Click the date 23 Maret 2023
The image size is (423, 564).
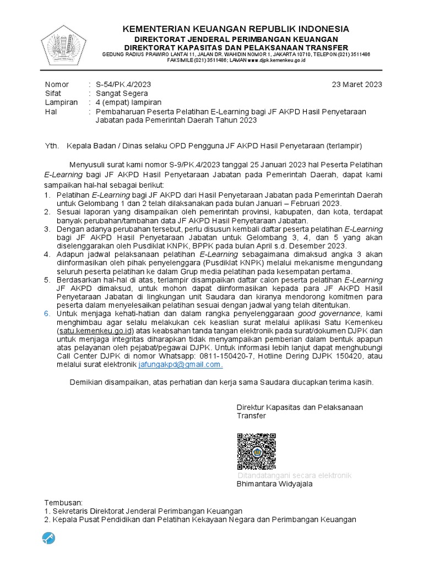[x=357, y=84]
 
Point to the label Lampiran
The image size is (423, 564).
[x=58, y=102]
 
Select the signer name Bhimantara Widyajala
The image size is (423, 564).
[x=274, y=484]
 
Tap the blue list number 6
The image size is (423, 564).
[x=47, y=312]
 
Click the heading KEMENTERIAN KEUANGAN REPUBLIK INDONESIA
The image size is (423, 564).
[x=235, y=29]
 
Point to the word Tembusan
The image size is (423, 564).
[x=62, y=502]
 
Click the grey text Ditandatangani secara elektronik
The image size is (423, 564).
[x=295, y=475]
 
